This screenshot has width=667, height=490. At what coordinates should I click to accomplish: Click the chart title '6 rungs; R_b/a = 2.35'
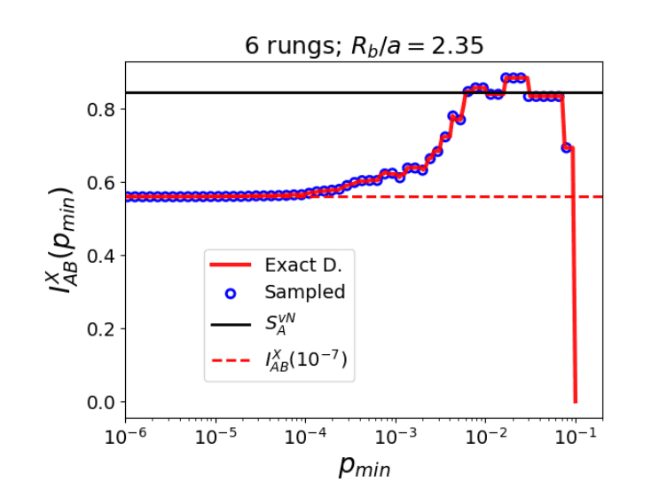click(x=364, y=45)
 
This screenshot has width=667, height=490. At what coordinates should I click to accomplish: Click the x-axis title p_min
click(x=364, y=464)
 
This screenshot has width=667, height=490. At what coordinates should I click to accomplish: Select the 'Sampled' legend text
click(x=304, y=292)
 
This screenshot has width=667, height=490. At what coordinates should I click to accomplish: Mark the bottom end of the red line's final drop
click(x=576, y=401)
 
